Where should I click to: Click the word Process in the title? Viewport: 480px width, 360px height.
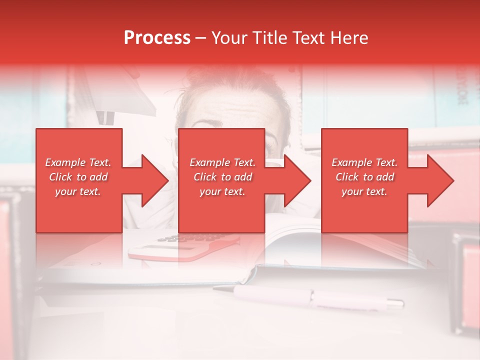point(157,38)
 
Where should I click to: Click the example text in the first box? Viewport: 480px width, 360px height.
point(78,177)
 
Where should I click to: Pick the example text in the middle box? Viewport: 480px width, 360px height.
point(222,177)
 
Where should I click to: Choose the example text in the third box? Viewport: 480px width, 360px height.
point(364,177)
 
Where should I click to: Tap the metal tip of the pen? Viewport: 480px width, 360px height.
point(395,302)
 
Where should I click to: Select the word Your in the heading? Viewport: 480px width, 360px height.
point(228,38)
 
